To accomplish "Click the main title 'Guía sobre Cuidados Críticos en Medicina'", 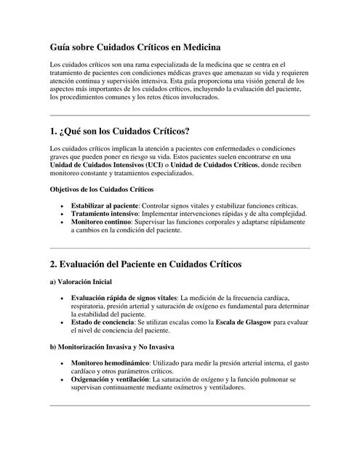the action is [135, 47].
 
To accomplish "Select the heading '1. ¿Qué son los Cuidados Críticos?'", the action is [119, 132].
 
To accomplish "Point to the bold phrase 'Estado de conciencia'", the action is [103, 322].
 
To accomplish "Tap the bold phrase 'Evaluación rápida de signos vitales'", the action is [124, 297].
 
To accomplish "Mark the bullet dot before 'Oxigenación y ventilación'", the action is [63, 379].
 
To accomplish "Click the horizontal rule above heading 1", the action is [179, 115].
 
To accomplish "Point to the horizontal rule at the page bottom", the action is [179, 405].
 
